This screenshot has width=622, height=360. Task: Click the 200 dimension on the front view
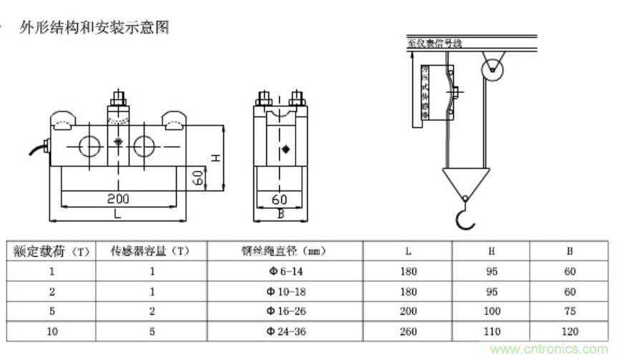coord(118,198)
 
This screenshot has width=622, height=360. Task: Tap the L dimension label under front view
coord(118,213)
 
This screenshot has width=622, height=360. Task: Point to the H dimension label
coord(214,157)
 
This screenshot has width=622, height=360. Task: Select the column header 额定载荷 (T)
coord(51,251)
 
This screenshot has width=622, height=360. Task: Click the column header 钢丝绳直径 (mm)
coord(284,251)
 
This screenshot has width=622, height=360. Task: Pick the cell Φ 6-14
coord(284,272)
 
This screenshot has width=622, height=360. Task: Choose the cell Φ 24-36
coord(284,332)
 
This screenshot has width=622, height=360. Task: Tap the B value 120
coord(569,332)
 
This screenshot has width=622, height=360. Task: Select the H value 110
coord(491,332)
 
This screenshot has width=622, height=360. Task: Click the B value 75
coord(569,312)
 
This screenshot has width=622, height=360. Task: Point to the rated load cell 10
coord(51,332)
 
